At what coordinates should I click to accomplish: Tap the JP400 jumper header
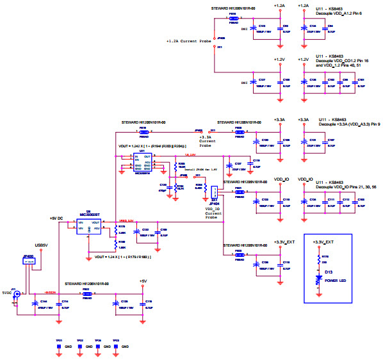tap(28, 259)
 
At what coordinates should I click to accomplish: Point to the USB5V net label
tap(42, 245)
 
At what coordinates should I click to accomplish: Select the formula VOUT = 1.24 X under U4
tap(122, 256)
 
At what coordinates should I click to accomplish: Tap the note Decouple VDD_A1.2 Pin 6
tap(339, 13)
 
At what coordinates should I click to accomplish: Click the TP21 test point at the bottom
tap(59, 346)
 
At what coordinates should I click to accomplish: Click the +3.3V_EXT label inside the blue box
tap(322, 243)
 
